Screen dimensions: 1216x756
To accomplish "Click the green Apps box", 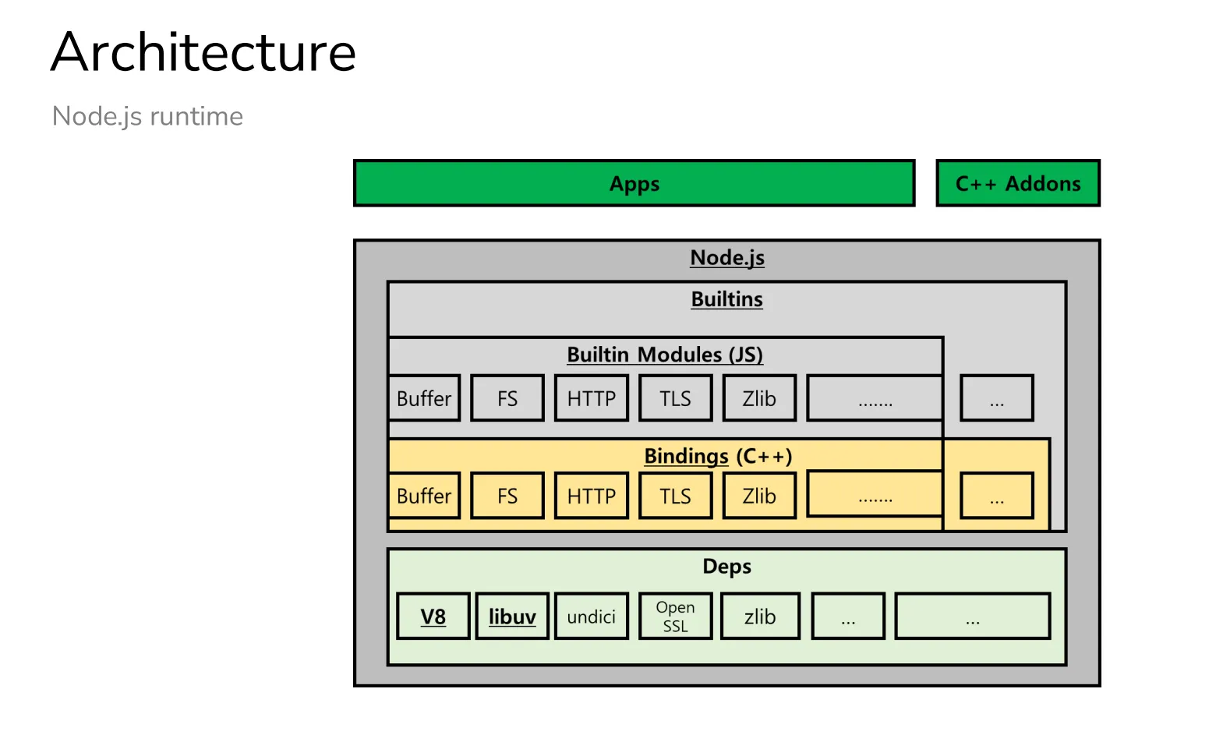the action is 634,183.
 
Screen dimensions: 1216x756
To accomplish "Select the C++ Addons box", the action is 1018,183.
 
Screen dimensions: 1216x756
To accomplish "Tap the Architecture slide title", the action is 203,52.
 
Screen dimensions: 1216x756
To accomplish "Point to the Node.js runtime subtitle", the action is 147,116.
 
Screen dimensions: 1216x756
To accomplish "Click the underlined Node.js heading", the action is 727,257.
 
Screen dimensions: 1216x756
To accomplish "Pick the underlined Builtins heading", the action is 727,299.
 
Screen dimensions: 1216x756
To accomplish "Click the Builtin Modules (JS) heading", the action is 665,355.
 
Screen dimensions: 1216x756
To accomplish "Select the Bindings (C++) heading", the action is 718,456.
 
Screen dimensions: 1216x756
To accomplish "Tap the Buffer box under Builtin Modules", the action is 424,397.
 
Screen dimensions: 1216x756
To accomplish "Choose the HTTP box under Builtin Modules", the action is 591,397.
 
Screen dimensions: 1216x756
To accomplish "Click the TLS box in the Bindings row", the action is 675,496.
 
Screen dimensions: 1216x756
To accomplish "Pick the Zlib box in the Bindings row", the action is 759,496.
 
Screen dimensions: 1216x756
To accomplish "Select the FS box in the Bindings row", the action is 507,496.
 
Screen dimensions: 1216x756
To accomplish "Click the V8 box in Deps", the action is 433,616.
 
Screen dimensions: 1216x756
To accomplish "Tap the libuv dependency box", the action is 512,616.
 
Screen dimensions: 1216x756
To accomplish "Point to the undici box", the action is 591,616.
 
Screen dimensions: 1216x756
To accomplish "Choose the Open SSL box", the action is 675,616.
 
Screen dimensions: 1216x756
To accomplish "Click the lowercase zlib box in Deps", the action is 760,616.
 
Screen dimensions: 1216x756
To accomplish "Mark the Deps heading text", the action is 727,567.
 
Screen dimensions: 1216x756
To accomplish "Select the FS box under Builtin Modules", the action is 507,397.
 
